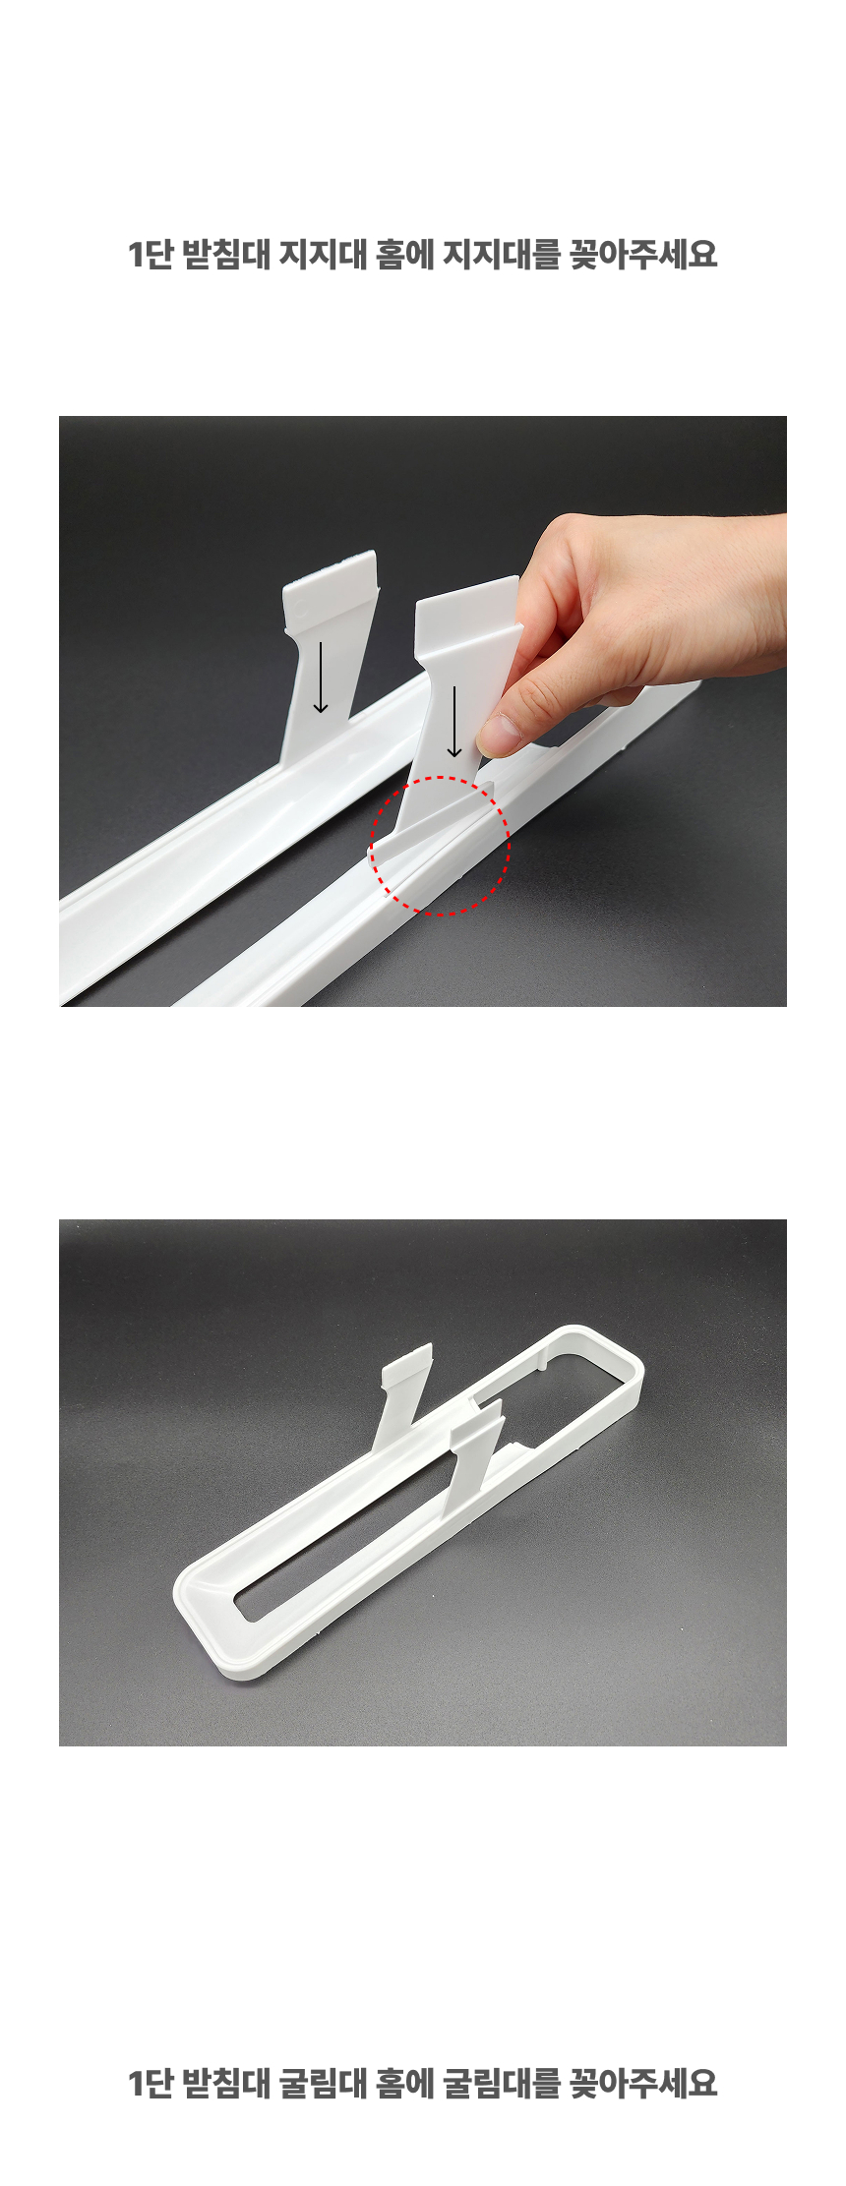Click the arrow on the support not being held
[x=321, y=678]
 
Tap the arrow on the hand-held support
[x=453, y=722]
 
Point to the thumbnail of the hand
[x=503, y=732]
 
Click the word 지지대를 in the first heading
[x=501, y=256]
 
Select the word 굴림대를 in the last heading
[x=501, y=2082]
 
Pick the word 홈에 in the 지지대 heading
[x=404, y=256]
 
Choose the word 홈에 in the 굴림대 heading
[x=404, y=2082]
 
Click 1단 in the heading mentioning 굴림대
[x=151, y=2082]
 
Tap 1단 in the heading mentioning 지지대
[x=151, y=256]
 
